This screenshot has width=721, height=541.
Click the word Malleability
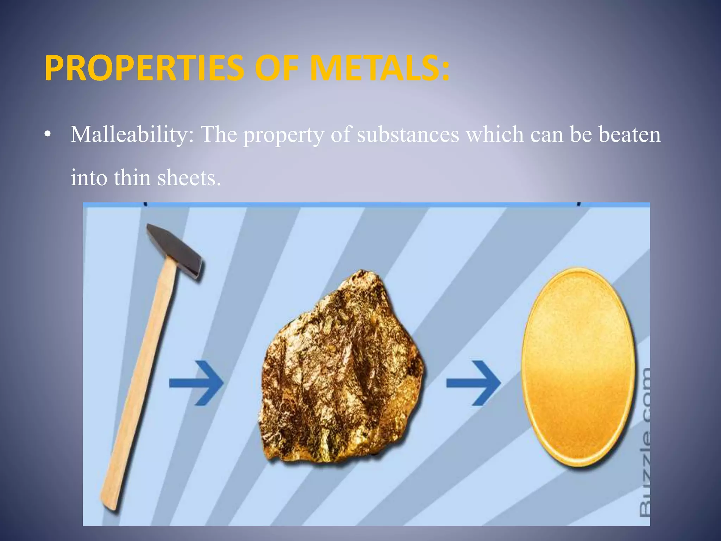coord(132,135)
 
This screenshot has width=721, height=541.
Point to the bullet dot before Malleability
coord(48,135)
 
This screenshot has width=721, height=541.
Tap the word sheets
coord(189,178)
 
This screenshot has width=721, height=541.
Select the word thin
coord(132,178)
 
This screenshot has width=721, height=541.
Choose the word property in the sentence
coord(284,135)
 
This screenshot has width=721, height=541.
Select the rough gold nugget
coord(340,370)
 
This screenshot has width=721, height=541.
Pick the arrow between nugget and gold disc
coord(474,383)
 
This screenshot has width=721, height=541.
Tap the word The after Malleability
coord(219,135)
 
